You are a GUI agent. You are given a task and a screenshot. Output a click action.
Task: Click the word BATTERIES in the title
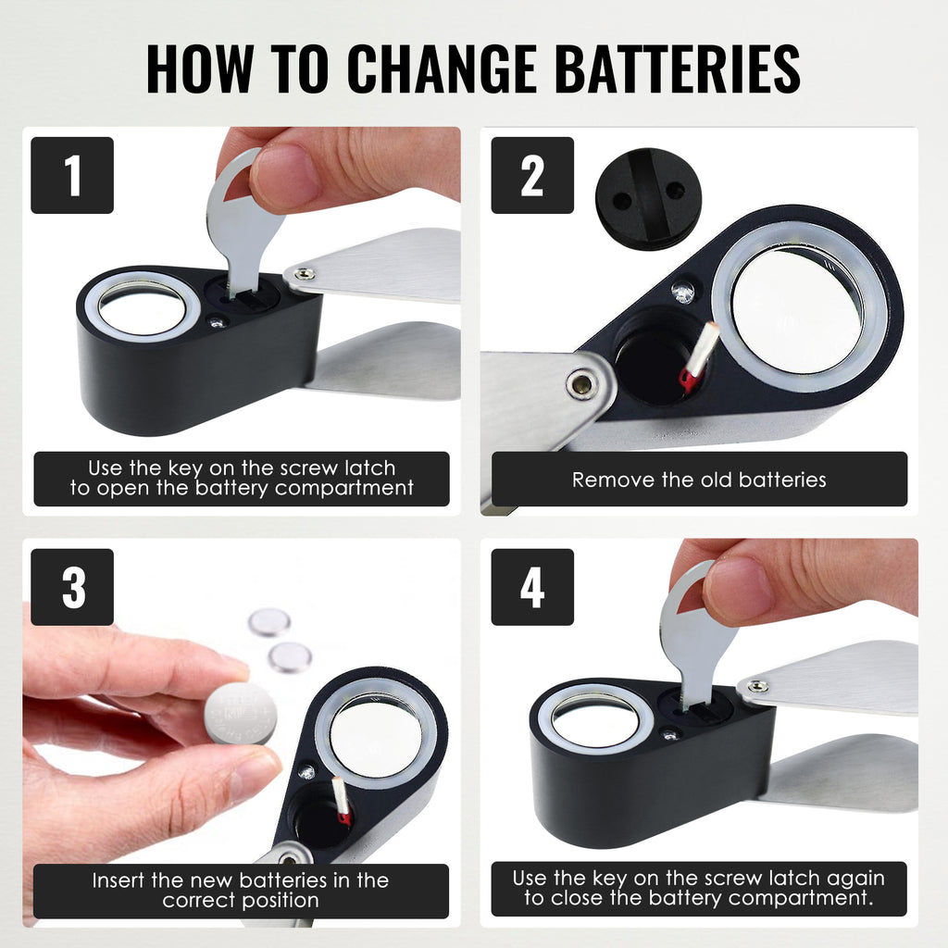(678, 69)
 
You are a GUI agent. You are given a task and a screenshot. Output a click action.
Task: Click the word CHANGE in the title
(442, 69)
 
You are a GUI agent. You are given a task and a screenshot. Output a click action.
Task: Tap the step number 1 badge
(72, 175)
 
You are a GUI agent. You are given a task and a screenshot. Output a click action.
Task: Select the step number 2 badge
(532, 175)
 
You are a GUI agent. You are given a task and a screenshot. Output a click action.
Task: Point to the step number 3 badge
(72, 587)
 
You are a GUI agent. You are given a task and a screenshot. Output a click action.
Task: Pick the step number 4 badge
(532, 587)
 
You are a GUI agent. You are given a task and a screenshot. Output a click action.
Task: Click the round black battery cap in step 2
(648, 198)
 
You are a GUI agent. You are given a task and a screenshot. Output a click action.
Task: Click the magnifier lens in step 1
(142, 307)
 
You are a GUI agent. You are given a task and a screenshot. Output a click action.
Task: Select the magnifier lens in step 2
(797, 310)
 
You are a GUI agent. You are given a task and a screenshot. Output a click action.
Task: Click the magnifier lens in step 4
(595, 720)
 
